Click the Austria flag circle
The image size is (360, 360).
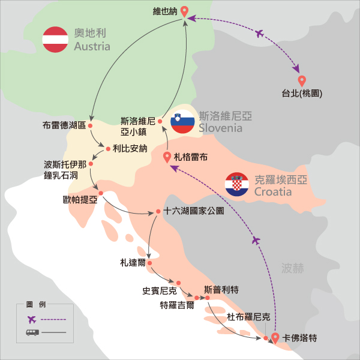55,40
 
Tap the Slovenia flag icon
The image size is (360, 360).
182,122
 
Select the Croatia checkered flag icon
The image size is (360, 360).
237,185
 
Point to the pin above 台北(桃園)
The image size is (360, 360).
302,80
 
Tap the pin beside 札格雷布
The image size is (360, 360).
167,157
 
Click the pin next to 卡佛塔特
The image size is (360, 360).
275,338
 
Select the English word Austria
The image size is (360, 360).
92,46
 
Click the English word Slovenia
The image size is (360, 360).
221,128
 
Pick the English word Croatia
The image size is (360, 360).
273,192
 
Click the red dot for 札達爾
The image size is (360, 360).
149,262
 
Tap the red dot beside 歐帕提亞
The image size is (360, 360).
101,193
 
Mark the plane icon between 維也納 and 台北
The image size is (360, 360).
260,34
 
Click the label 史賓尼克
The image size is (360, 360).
158,290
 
